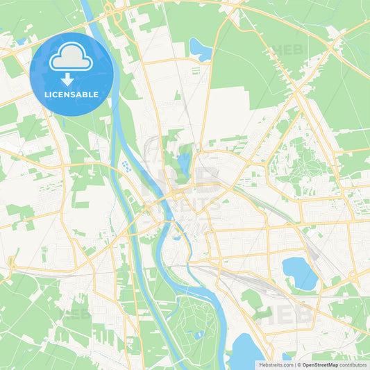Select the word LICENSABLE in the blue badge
click(71, 94)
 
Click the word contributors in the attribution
click(353, 364)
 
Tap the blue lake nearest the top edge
click(200, 49)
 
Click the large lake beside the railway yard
click(299, 272)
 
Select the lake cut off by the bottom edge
click(246, 352)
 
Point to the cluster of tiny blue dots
click(126, 166)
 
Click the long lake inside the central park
click(183, 165)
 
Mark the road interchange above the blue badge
click(109, 9)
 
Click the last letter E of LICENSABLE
click(95, 94)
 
